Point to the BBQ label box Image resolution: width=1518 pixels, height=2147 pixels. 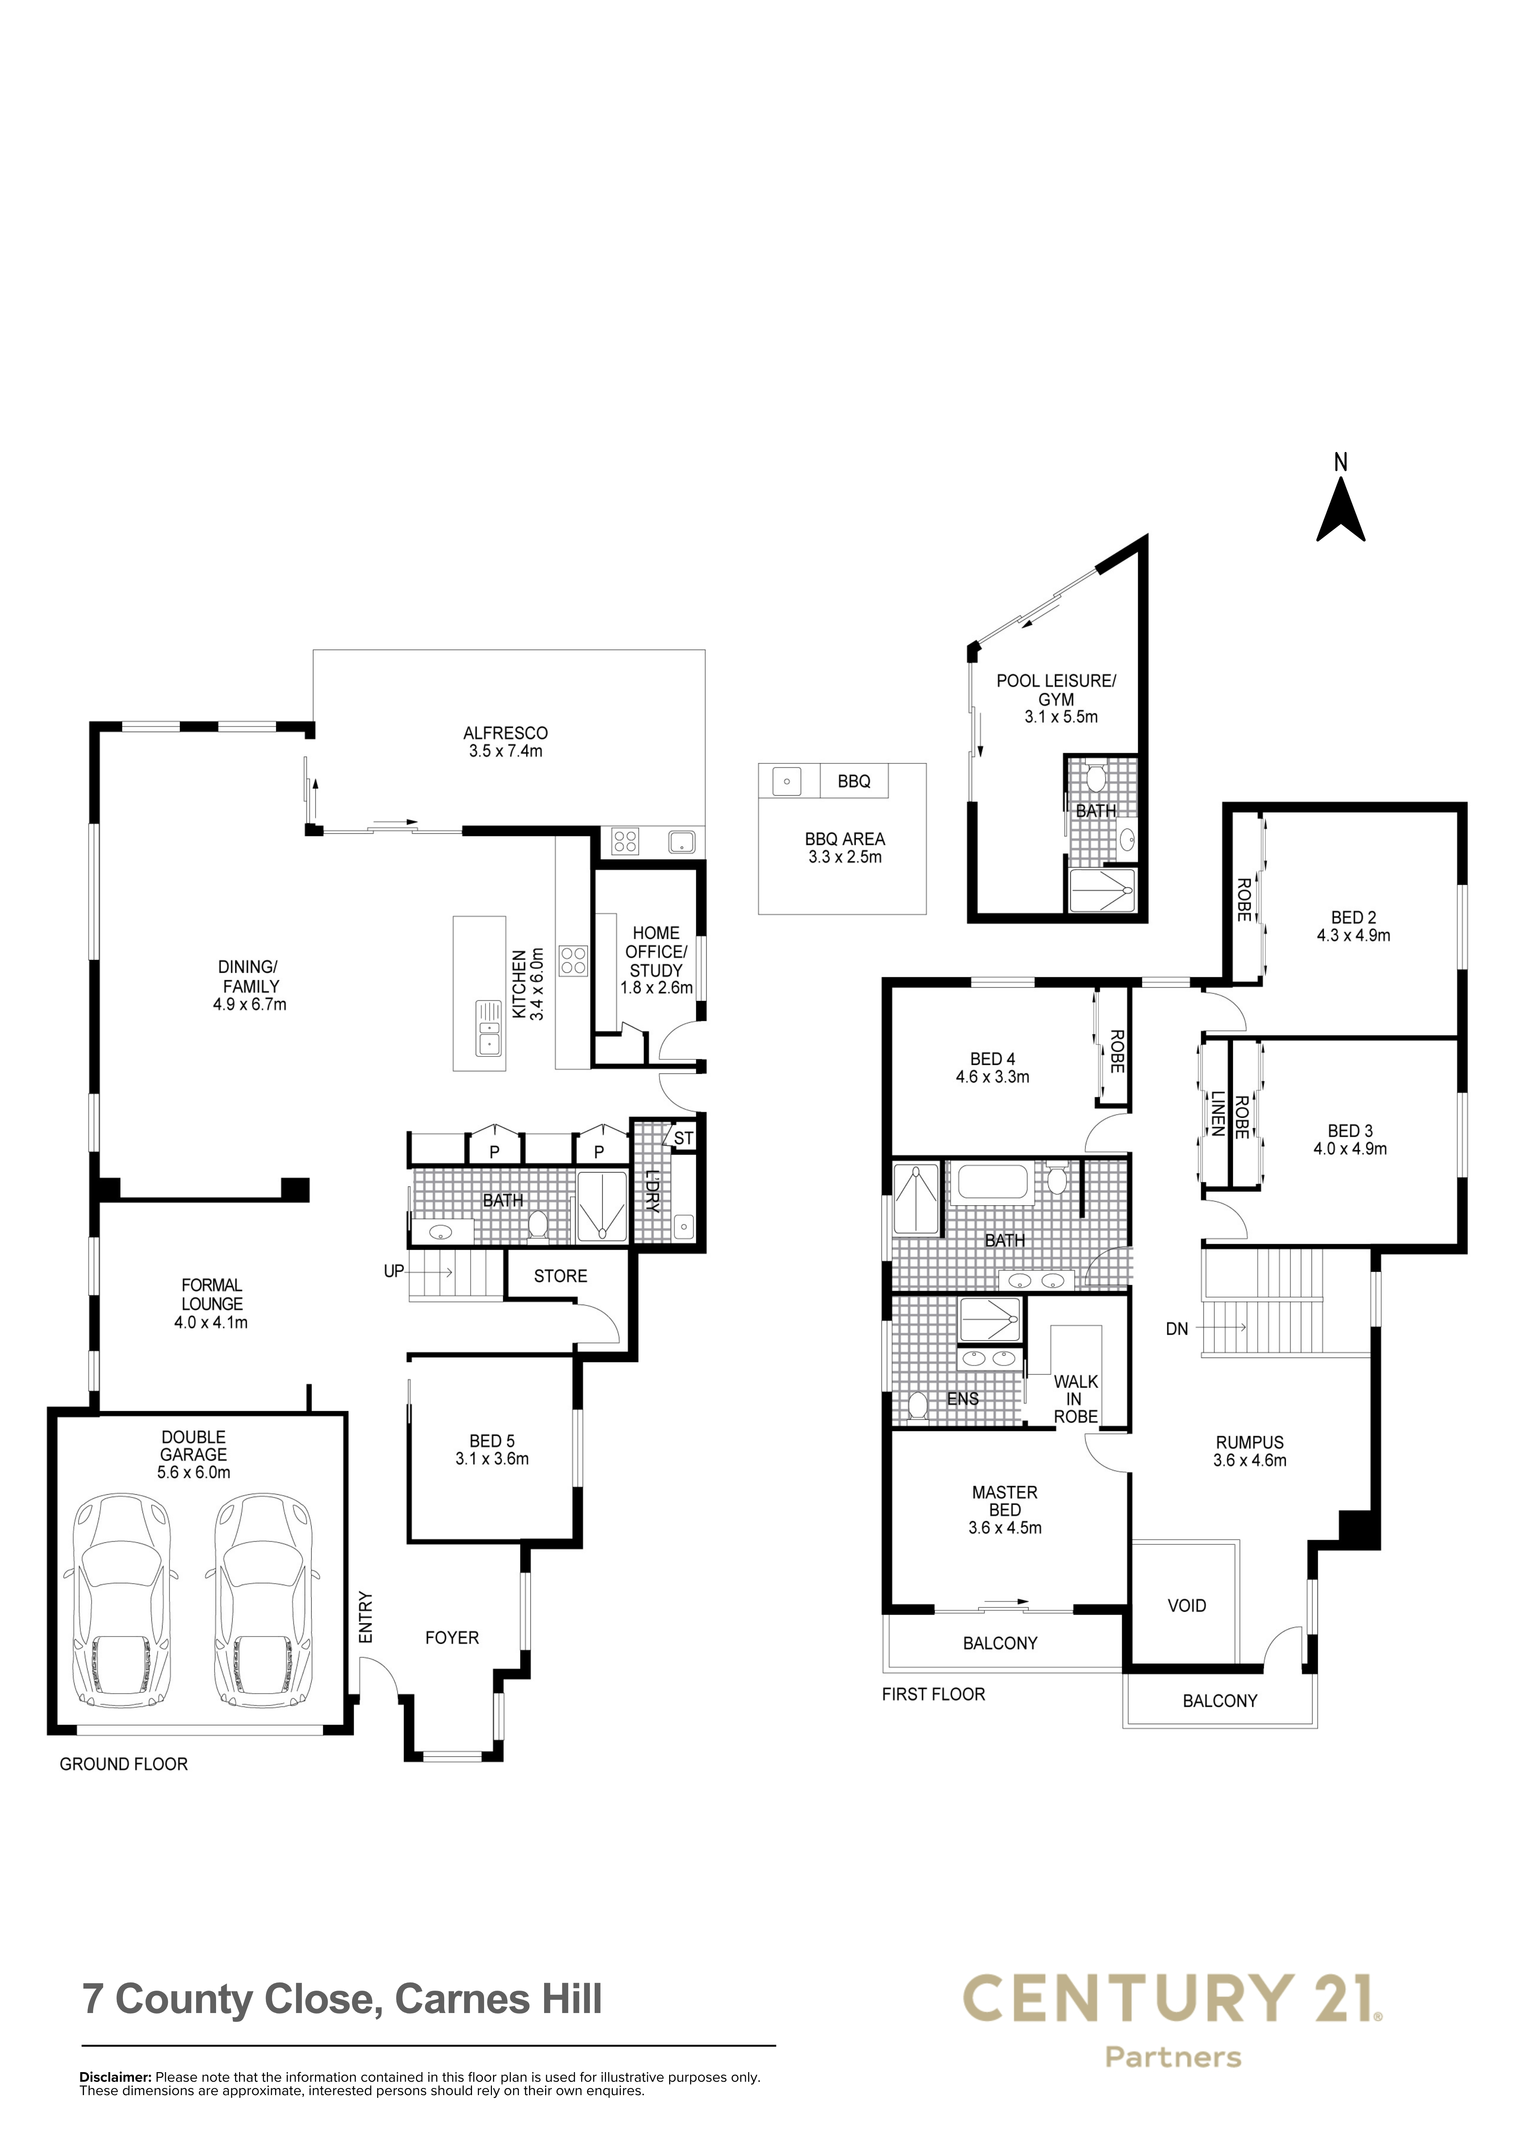click(854, 781)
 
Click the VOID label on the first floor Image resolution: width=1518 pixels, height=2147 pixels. click(1187, 1606)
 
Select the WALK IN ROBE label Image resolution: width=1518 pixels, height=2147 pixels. click(1076, 1399)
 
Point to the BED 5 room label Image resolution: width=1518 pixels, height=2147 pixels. click(492, 1441)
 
